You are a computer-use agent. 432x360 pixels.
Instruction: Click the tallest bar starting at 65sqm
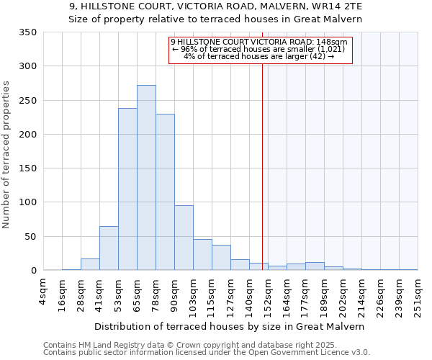coord(146,178)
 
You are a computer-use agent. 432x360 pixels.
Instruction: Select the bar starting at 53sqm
coord(127,189)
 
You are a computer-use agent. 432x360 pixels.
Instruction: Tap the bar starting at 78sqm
coord(165,192)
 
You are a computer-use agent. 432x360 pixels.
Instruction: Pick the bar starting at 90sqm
coord(184,238)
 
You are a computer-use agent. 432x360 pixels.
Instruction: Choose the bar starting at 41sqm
coord(109,248)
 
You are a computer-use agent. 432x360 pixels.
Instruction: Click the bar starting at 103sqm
coord(202,255)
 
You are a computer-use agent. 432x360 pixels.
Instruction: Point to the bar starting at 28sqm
coord(90,264)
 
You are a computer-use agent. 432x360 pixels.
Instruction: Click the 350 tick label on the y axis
coord(28,32)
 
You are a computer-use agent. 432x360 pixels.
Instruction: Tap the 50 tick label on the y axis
coord(31,237)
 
